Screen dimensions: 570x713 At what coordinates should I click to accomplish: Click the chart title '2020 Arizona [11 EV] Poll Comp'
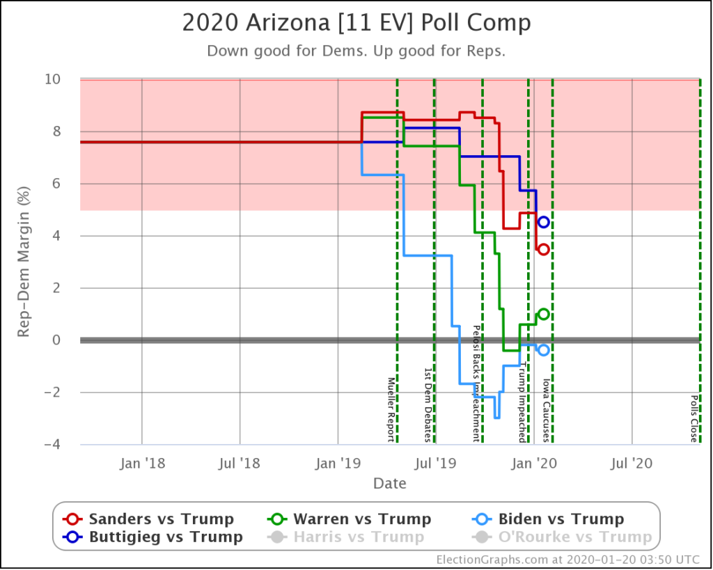pos(356,23)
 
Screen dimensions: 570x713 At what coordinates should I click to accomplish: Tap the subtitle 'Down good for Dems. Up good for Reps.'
pos(356,51)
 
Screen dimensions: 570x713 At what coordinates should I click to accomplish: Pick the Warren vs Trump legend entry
pos(350,519)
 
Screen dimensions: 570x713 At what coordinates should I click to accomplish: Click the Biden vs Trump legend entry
pos(549,519)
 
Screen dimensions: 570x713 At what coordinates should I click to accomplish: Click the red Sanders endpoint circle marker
pos(544,249)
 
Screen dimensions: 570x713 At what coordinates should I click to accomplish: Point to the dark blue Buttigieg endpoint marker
pos(544,222)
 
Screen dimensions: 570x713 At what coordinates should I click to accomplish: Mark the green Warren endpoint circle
pos(544,314)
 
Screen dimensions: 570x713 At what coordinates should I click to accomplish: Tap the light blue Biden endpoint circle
pos(544,350)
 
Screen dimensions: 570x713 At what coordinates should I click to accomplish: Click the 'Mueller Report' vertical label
pos(391,409)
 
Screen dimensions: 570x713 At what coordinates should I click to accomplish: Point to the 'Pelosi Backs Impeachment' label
pos(477,383)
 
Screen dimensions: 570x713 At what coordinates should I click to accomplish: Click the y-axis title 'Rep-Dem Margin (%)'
pos(24,262)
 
